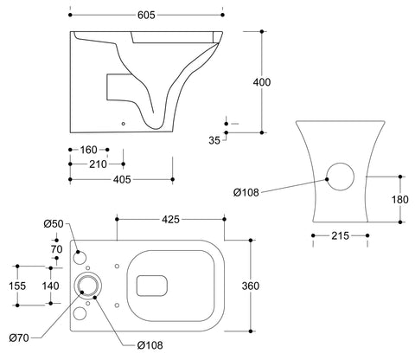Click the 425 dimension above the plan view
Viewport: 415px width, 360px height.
pos(169,220)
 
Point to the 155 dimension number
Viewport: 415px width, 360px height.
pos(16,285)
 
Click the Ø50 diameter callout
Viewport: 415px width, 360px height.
pos(54,225)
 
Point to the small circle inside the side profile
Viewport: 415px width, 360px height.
pos(124,123)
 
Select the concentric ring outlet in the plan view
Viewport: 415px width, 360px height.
pos(86,286)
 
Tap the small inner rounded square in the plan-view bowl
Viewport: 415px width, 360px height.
pos(151,282)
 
